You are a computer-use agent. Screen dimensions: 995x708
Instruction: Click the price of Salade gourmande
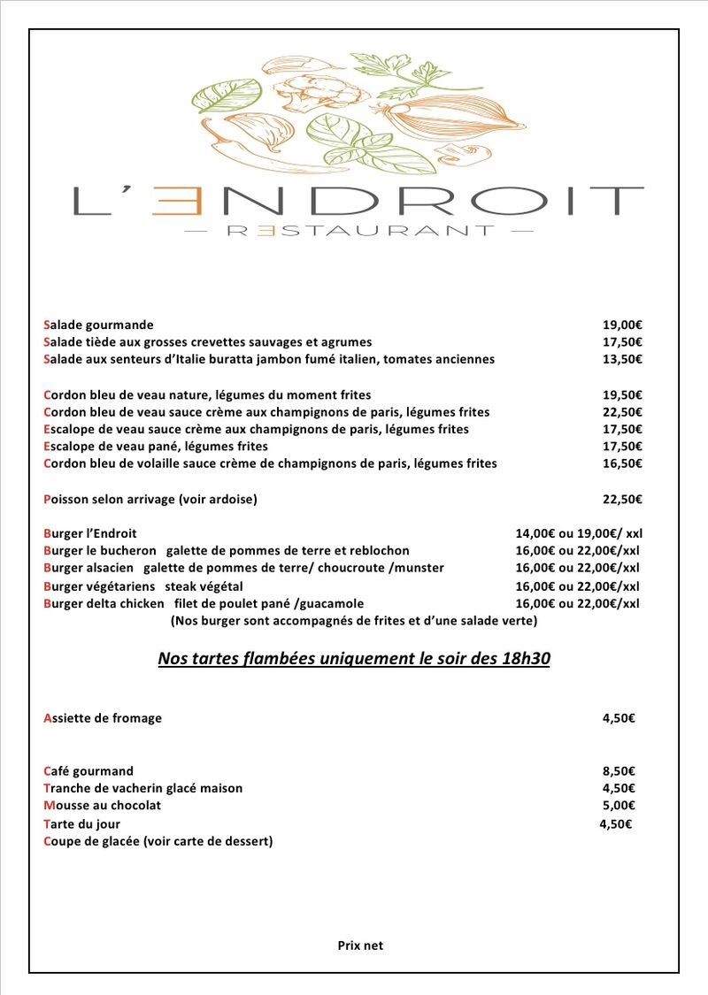point(622,325)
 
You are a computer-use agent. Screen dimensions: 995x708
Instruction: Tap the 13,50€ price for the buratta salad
point(622,359)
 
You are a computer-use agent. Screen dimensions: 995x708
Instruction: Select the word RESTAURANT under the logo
point(360,231)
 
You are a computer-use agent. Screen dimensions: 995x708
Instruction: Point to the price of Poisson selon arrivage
point(622,499)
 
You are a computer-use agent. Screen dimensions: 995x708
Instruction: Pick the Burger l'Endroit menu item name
point(90,533)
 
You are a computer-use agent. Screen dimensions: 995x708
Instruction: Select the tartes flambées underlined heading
point(354,659)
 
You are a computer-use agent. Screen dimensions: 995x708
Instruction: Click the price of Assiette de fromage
point(619,718)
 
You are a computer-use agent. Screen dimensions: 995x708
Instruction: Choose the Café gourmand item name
point(88,771)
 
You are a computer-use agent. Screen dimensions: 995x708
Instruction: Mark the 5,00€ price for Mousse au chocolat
point(619,805)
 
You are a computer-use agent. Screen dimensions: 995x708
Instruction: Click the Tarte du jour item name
point(82,823)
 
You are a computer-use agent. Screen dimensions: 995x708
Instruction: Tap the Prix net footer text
point(360,945)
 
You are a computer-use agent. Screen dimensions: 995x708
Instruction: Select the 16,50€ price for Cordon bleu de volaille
point(622,463)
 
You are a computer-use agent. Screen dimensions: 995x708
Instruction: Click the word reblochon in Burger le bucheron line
point(379,550)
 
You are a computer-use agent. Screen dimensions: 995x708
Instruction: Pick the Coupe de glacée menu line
point(158,841)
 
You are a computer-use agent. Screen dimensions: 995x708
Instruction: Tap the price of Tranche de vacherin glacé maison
point(619,788)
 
